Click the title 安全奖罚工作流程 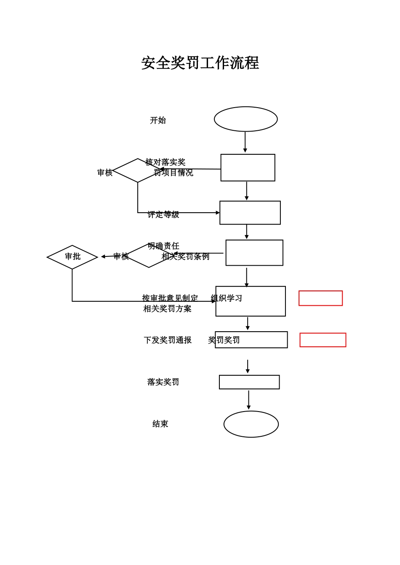[200, 63]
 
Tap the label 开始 [158, 121]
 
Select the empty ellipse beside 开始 [245, 119]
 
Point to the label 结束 [160, 424]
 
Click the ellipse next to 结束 [251, 424]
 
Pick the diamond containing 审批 [72, 257]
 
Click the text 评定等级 [163, 215]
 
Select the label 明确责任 [163, 246]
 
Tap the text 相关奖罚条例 [186, 256]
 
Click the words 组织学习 [227, 298]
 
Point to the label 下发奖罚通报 [168, 340]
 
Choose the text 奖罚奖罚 [224, 340]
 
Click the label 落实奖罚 [163, 382]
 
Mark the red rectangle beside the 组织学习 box [320, 298]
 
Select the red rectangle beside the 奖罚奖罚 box [323, 340]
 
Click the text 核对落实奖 [165, 162]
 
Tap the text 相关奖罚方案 [167, 309]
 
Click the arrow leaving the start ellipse [245, 142]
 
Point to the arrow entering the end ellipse [248, 400]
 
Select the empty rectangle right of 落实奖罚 [249, 382]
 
